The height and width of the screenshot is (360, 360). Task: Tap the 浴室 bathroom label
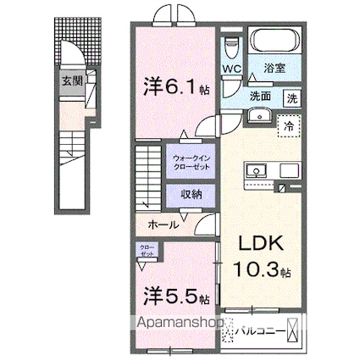point(273,69)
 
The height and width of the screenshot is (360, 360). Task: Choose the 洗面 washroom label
point(261,97)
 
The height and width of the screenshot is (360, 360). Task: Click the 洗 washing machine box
point(290,97)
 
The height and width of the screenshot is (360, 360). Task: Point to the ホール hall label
point(163,224)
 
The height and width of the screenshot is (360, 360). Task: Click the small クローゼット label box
point(149,250)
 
